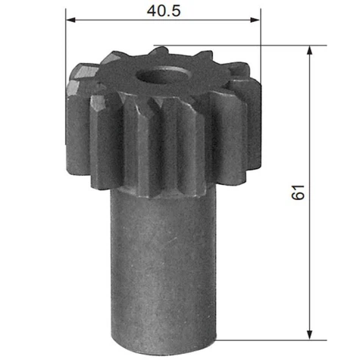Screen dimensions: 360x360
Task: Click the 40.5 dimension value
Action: [164, 11]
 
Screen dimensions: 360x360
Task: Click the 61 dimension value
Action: [298, 193]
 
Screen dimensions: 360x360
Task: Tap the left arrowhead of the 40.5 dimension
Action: [70, 20]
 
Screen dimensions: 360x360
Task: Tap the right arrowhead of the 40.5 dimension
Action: [255, 20]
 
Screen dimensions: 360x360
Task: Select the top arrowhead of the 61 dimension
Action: [309, 50]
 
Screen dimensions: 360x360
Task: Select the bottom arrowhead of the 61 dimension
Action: [309, 335]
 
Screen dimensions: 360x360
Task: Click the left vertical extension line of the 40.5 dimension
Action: [66, 76]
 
